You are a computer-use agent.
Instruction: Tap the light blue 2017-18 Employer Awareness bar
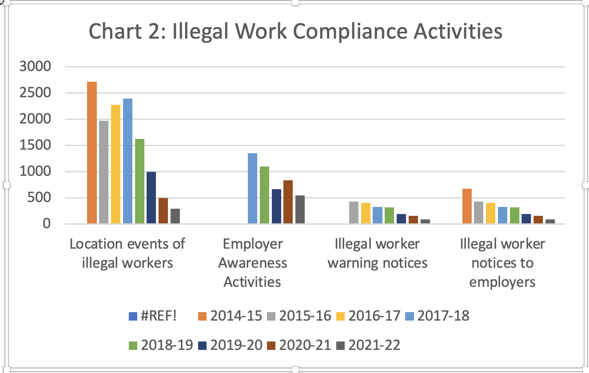click(252, 188)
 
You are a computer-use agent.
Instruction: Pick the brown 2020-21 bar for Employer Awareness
click(288, 202)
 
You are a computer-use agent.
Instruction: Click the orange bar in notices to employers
click(467, 206)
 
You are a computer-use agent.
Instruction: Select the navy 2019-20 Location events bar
click(151, 198)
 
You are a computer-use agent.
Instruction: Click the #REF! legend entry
click(153, 316)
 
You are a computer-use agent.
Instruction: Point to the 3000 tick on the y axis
click(36, 67)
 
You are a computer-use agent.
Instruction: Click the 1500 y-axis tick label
click(36, 145)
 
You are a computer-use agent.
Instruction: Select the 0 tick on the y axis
click(47, 224)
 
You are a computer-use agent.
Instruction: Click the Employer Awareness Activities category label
click(252, 262)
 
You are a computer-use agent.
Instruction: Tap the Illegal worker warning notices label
click(377, 253)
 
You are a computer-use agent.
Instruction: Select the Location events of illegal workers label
click(127, 253)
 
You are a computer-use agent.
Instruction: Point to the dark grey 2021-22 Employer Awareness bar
click(300, 210)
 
